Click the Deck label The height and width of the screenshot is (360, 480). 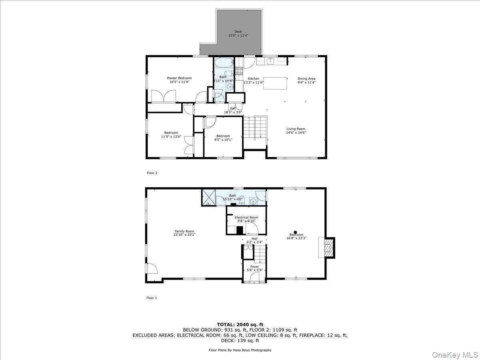[x=238, y=32]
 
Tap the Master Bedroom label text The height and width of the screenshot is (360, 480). [x=179, y=78]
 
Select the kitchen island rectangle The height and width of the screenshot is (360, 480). [x=275, y=83]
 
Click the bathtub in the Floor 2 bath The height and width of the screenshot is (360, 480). [x=223, y=63]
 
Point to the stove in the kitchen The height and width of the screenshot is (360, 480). [x=239, y=71]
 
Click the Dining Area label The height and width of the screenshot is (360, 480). [x=306, y=79]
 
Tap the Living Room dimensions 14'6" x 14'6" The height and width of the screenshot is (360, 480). [x=296, y=133]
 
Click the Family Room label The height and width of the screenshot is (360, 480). [x=184, y=231]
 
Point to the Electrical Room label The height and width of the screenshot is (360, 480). [x=246, y=218]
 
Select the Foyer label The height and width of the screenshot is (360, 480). [x=254, y=266]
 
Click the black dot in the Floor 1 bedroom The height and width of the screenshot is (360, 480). [x=296, y=232]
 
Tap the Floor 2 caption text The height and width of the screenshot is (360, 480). [x=152, y=173]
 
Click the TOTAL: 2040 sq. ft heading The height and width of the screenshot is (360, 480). [x=240, y=324]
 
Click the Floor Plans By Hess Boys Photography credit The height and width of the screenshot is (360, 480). [x=240, y=350]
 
